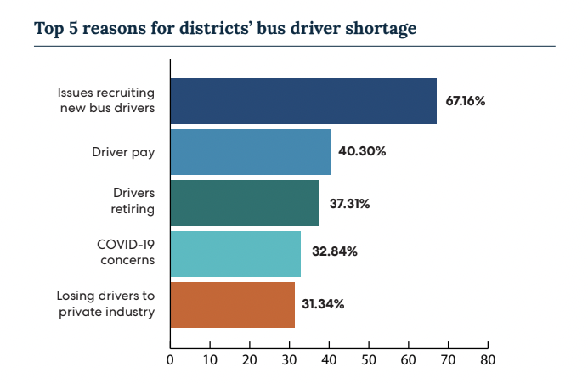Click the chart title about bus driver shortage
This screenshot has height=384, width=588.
(225, 28)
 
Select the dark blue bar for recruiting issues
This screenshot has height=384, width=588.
(303, 101)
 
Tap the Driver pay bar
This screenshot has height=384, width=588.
(250, 152)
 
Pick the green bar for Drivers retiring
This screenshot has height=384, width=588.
(244, 203)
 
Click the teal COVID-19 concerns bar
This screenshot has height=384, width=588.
(235, 253)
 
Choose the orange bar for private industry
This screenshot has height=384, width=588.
(232, 304)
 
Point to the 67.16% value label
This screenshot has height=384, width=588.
(465, 101)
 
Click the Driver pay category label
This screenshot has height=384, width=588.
(123, 152)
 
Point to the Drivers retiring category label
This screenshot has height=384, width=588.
(133, 203)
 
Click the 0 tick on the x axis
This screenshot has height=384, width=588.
(170, 359)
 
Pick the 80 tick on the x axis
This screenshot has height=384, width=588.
(488, 359)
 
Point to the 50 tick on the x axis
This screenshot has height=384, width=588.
(369, 359)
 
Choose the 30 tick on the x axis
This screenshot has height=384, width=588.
(289, 359)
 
